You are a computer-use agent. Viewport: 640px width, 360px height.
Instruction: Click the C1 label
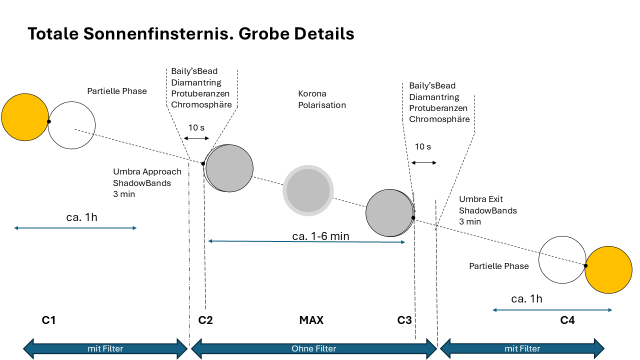tap(49, 320)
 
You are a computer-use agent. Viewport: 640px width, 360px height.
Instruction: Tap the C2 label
tap(205, 320)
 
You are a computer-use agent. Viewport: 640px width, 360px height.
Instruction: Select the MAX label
tap(311, 320)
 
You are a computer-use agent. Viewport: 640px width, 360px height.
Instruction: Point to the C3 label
tap(404, 320)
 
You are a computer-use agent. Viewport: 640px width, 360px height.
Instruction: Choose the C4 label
tap(567, 320)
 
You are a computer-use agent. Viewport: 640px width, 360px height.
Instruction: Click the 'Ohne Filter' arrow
tap(314, 349)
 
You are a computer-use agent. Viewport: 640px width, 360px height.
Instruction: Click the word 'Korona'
tap(312, 94)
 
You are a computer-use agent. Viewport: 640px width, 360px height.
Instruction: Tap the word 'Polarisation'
tap(322, 105)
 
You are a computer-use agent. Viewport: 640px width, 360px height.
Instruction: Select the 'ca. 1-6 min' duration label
tap(321, 236)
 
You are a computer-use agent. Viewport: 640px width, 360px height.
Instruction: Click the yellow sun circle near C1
tap(25, 117)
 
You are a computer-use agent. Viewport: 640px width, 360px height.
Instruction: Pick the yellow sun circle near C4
tap(608, 270)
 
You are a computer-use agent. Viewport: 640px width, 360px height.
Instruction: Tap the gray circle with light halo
tap(308, 190)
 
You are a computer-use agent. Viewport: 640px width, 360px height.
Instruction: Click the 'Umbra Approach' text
tap(147, 172)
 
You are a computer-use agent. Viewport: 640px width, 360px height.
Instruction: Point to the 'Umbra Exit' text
tap(481, 199)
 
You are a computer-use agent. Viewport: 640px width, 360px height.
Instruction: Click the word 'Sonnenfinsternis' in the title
tap(158, 34)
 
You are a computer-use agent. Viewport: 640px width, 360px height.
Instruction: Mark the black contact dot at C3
tap(413, 218)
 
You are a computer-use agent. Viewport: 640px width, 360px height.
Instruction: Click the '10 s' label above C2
tap(196, 128)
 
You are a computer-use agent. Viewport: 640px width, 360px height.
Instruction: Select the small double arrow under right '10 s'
tap(424, 163)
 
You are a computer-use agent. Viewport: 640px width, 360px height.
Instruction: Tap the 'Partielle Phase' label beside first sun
tap(117, 91)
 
